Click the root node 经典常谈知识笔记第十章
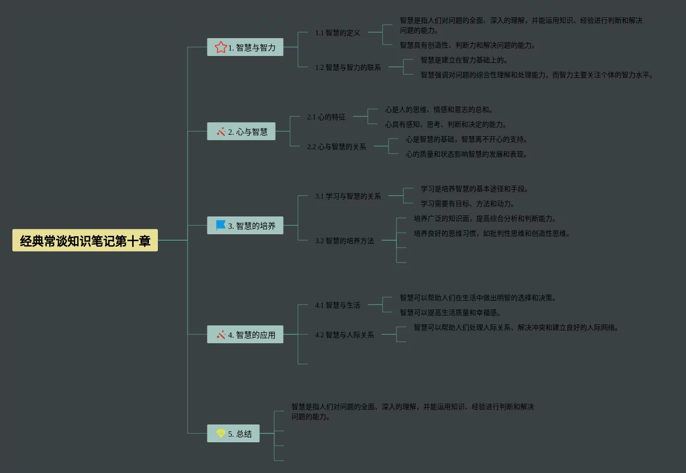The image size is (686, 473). (85, 241)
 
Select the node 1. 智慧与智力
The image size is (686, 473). (245, 48)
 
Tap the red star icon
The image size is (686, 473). (220, 48)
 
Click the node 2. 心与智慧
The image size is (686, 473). (241, 132)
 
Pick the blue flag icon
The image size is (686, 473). (221, 225)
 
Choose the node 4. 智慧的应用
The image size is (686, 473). (245, 335)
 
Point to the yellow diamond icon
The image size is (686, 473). (221, 433)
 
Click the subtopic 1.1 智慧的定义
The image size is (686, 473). (338, 33)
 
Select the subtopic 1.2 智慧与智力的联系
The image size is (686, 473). (348, 67)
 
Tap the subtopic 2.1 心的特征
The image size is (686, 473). (326, 117)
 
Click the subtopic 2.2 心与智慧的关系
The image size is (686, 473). (337, 147)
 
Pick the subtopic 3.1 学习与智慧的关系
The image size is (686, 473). (348, 196)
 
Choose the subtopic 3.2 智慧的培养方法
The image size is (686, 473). (344, 241)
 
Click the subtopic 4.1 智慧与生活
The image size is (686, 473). (338, 305)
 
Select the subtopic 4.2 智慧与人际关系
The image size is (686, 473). (344, 335)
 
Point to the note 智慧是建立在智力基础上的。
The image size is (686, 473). (464, 60)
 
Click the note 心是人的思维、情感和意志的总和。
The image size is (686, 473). (439, 109)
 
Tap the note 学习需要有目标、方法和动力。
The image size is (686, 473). (467, 204)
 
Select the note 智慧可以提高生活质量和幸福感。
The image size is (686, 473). (450, 313)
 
